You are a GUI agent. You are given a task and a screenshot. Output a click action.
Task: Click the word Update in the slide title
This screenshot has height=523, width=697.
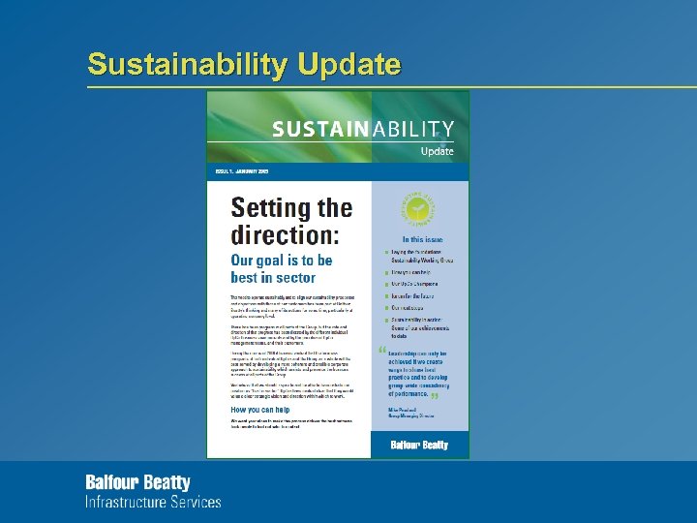[349, 65]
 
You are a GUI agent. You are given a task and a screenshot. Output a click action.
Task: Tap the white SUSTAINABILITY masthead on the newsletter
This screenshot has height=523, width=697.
[363, 130]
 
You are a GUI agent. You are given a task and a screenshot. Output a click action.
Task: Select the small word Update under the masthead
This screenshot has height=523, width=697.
[437, 152]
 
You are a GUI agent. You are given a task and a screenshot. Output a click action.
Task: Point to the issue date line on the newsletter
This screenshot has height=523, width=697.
[242, 171]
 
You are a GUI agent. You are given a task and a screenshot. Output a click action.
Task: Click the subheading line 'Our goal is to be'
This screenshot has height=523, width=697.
[281, 261]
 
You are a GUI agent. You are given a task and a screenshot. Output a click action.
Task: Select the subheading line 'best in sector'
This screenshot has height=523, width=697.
[273, 278]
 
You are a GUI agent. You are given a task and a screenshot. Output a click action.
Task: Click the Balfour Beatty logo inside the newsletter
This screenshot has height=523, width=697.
[419, 445]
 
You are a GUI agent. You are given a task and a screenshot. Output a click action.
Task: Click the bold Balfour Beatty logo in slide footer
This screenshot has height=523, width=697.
[137, 482]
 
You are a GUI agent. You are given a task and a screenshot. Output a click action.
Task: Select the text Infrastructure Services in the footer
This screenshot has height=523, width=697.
[153, 503]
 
